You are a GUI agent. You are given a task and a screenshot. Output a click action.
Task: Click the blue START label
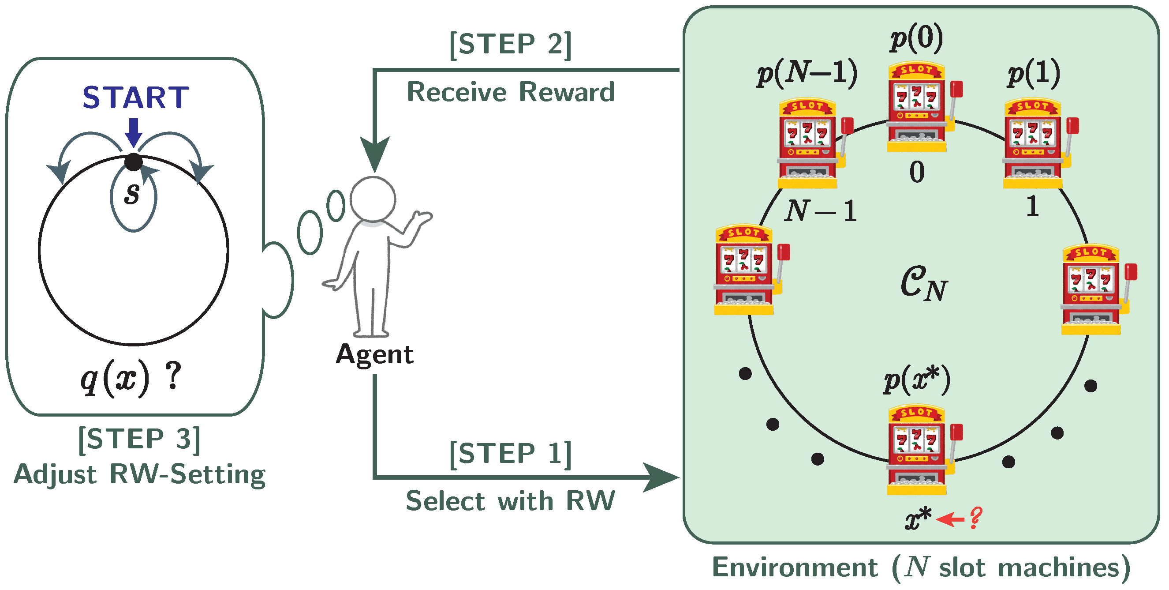tap(135, 98)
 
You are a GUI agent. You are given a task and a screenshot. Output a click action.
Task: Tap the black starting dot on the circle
tap(134, 162)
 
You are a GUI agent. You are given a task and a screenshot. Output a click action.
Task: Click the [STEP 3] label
tap(139, 440)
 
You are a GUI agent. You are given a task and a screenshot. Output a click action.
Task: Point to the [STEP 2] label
tap(510, 45)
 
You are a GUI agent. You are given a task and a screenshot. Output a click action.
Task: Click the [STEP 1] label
tap(510, 454)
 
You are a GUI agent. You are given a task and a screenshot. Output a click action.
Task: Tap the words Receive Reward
tap(511, 92)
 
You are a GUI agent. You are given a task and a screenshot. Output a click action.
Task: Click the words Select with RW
tap(511, 501)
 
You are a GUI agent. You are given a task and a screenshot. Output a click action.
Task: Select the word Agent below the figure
tap(374, 355)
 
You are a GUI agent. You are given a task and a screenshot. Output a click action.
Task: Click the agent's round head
tap(373, 199)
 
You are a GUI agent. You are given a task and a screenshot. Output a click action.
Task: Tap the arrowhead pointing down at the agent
tap(375, 152)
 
